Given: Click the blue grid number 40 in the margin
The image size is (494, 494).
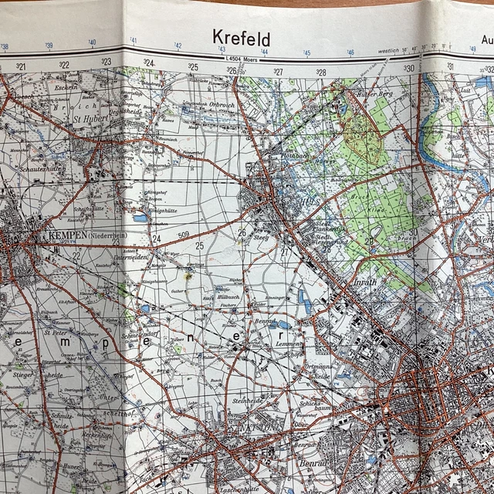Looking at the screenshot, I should [x=92, y=43].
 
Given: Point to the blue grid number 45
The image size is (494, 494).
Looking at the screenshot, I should [x=307, y=53].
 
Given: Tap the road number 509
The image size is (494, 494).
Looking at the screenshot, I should [x=183, y=235].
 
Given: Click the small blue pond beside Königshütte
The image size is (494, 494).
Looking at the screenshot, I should [x=140, y=218].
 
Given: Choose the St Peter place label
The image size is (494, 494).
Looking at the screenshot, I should [x=56, y=333].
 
